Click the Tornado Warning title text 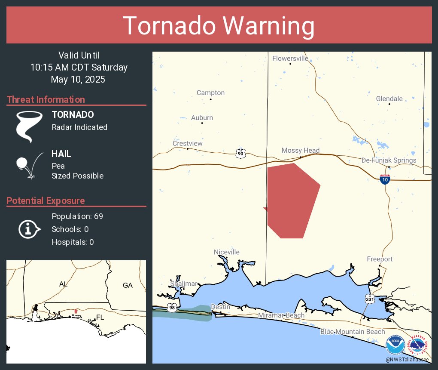tap(219, 26)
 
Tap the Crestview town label tap(187, 143)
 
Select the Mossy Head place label tap(301, 150)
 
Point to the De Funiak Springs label tap(389, 160)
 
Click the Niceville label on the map tap(227, 252)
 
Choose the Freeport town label tap(380, 259)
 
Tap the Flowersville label tap(290, 58)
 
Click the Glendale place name tap(389, 99)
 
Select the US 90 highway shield tap(240, 153)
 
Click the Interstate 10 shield tap(385, 180)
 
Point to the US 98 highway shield tap(172, 307)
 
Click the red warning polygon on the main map tap(290, 200)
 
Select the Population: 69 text tap(77, 216)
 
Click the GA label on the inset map tap(128, 285)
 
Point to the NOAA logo tap(395, 345)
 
